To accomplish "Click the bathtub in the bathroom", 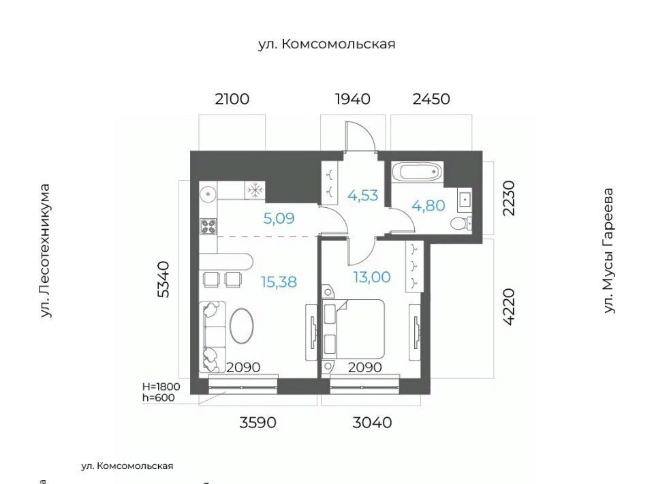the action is pyautogui.click(x=417, y=171).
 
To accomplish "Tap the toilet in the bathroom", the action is pyautogui.click(x=462, y=223).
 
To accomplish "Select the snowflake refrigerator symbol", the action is pyautogui.click(x=255, y=190).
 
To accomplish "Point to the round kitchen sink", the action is pyautogui.click(x=208, y=194).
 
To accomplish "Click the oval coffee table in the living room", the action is pyautogui.click(x=241, y=325).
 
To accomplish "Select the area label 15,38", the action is pyautogui.click(x=279, y=282).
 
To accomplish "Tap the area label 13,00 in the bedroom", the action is pyautogui.click(x=372, y=277).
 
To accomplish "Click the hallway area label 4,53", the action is pyautogui.click(x=363, y=195).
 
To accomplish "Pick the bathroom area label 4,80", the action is pyautogui.click(x=429, y=205).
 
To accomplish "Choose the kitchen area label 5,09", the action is pyautogui.click(x=279, y=218).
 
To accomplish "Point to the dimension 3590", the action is pyautogui.click(x=258, y=422).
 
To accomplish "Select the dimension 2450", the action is pyautogui.click(x=431, y=99).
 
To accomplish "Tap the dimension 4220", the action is pyautogui.click(x=509, y=307).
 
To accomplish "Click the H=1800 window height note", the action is pyautogui.click(x=161, y=387).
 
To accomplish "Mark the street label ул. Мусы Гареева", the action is pyautogui.click(x=609, y=250).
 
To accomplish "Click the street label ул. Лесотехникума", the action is pyautogui.click(x=45, y=251).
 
